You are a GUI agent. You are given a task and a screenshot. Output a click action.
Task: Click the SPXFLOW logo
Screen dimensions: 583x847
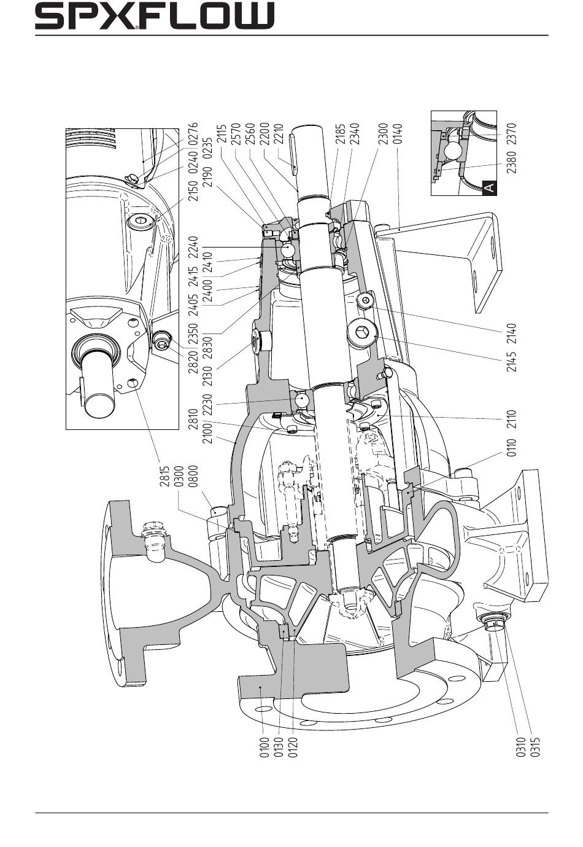tap(155, 15)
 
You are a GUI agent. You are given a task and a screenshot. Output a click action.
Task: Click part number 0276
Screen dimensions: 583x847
tap(193, 134)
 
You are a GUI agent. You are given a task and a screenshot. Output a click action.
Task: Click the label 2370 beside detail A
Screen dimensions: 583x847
tap(511, 134)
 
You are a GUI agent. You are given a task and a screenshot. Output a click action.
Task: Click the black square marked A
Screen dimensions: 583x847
tap(489, 188)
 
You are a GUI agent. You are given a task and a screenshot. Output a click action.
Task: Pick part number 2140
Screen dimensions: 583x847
tap(511, 333)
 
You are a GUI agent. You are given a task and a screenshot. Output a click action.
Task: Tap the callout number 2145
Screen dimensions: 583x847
tap(511, 361)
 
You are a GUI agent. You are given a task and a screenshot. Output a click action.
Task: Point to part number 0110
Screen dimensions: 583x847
tap(511, 447)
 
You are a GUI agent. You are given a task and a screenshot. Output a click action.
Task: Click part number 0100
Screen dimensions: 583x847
tap(264, 746)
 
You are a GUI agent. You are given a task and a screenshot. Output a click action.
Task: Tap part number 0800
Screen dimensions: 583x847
tap(193, 475)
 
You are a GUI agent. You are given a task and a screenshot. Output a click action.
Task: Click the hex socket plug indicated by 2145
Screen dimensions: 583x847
tap(361, 332)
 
